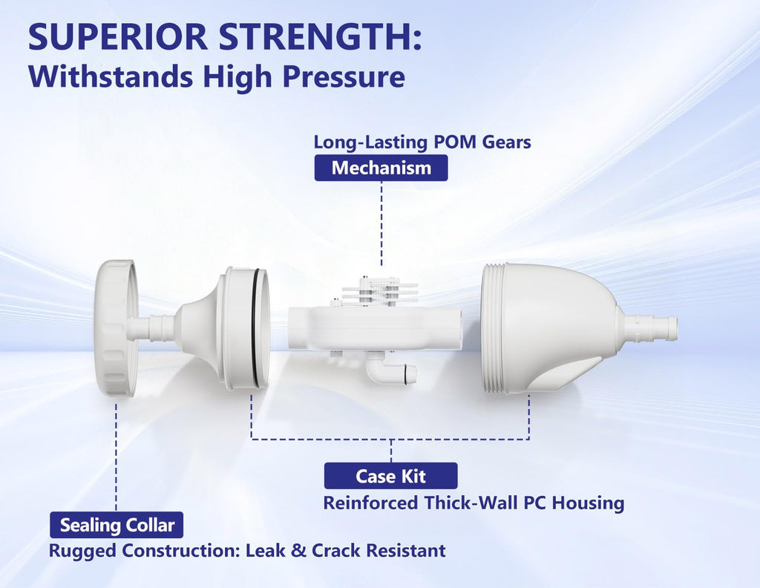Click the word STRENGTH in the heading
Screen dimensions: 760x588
315,37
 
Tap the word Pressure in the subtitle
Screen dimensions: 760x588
344,77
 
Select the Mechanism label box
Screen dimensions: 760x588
381,168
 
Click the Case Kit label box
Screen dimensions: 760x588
390,476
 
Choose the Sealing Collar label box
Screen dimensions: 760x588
117,525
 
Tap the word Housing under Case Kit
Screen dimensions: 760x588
588,503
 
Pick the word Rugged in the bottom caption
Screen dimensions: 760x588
83,551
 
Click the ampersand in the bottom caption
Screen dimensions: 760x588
298,551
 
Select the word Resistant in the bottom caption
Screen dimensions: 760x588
406,551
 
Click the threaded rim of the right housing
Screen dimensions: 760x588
494,330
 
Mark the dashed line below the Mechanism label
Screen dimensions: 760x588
381,223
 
